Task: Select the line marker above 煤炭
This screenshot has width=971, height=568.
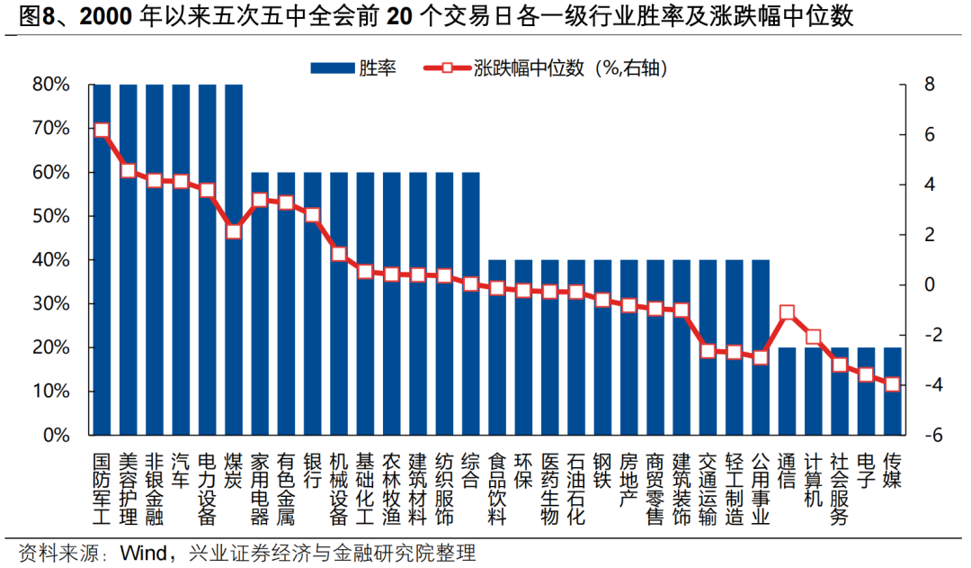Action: pyautogui.click(x=234, y=231)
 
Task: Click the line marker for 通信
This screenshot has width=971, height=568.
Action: pyautogui.click(x=787, y=313)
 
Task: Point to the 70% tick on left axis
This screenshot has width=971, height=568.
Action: pyautogui.click(x=50, y=128)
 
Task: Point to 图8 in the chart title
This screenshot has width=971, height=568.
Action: pyautogui.click(x=38, y=16)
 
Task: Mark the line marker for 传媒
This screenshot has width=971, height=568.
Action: pyautogui.click(x=892, y=384)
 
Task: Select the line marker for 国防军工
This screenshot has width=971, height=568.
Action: pyautogui.click(x=102, y=130)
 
